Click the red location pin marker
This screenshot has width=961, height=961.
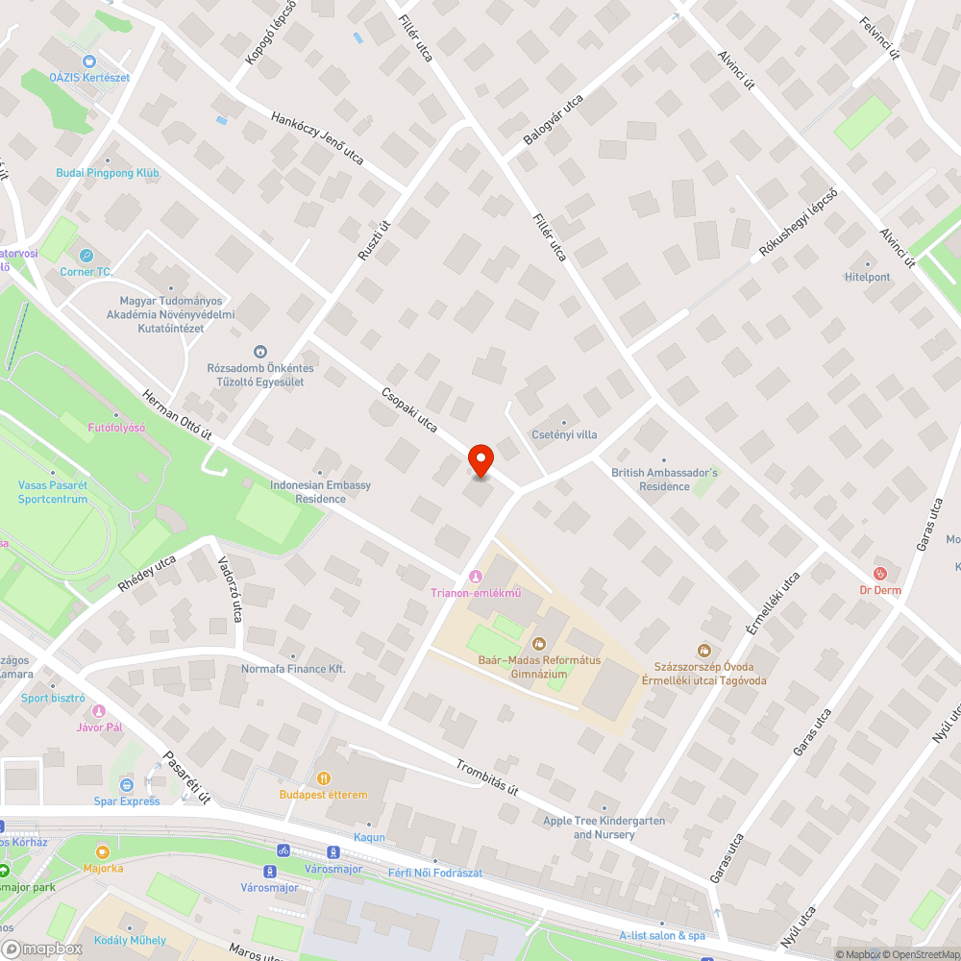tap(480, 461)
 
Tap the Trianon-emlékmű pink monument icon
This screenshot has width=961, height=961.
tap(473, 576)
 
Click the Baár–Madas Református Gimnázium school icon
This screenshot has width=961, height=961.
tap(538, 643)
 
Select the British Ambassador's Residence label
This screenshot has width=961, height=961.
tap(664, 479)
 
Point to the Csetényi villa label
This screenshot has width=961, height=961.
tap(564, 434)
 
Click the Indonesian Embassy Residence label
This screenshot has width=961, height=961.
tap(320, 491)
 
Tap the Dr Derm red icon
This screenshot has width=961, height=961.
tap(880, 574)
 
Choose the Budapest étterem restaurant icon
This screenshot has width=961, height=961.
tap(324, 778)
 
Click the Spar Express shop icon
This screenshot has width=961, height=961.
tap(126, 785)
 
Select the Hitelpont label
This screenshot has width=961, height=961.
tap(867, 277)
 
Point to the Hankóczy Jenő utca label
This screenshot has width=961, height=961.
tap(318, 137)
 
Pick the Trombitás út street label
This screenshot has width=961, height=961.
tap(487, 776)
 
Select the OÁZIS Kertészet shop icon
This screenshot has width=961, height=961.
tap(75, 61)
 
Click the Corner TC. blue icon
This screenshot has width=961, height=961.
tap(86, 256)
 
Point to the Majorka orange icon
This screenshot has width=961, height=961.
tap(103, 851)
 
